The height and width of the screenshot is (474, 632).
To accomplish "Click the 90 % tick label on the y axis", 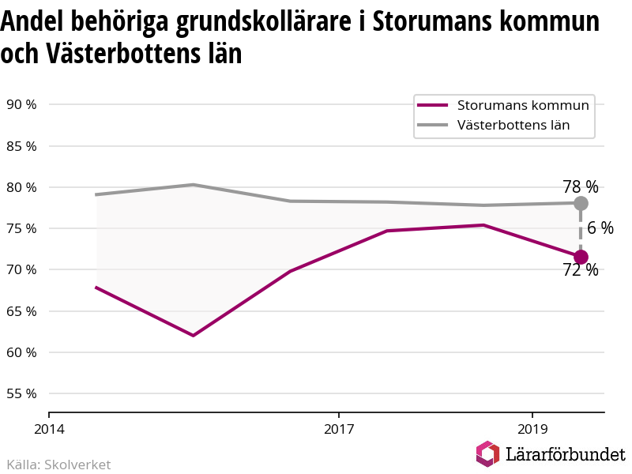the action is click(21, 104).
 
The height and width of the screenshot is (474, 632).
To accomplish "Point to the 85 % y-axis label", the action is click(21, 146).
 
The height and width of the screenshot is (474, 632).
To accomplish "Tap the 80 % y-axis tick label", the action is click(21, 187).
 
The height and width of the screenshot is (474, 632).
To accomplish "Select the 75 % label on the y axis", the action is click(21, 228).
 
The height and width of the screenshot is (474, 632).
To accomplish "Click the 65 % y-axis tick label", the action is click(21, 311).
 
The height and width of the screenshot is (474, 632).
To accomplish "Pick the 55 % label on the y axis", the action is click(21, 393).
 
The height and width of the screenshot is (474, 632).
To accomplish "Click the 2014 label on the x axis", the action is click(49, 429).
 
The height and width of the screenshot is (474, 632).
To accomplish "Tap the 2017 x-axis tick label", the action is click(339, 429).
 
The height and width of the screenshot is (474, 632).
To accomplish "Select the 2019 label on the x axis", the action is click(532, 429).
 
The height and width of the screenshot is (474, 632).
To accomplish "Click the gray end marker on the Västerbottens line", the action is click(581, 203).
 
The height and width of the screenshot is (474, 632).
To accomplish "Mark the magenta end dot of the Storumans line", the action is click(581, 257).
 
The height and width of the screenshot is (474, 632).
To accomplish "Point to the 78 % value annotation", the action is click(581, 186).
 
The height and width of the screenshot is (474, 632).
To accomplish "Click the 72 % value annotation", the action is click(581, 270).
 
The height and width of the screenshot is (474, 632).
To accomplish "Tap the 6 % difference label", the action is click(600, 228).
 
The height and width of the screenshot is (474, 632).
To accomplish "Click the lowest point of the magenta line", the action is click(194, 335).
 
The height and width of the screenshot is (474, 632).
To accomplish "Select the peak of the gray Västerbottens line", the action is click(194, 185).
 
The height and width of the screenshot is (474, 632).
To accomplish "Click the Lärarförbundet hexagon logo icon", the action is click(487, 453).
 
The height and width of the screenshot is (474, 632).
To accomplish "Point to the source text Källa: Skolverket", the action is click(58, 465).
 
